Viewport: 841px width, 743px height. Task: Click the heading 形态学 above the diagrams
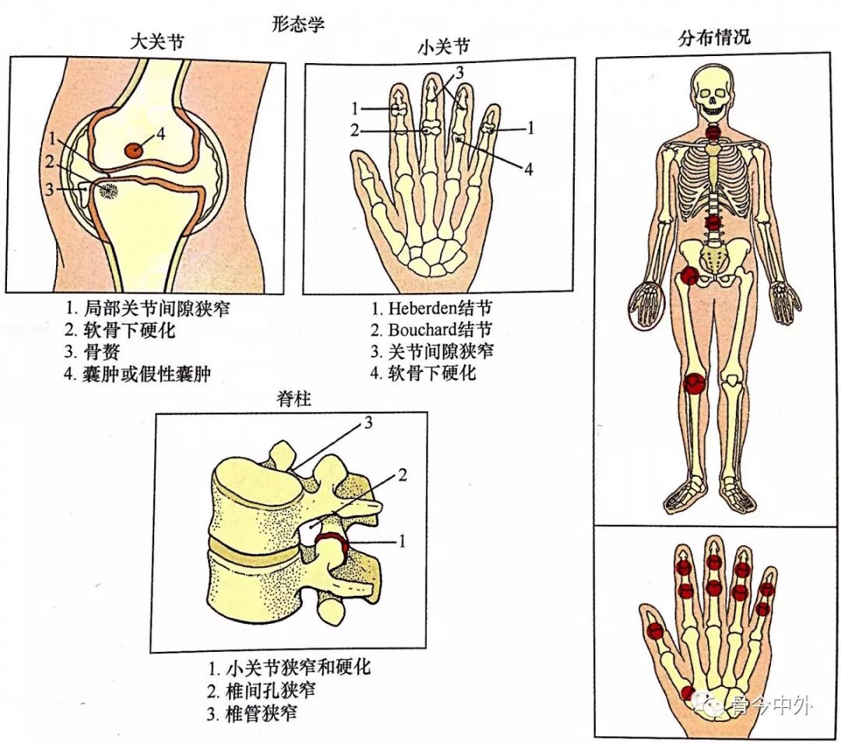pyautogui.click(x=298, y=24)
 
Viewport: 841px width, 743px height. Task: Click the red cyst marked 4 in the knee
pyautogui.click(x=135, y=149)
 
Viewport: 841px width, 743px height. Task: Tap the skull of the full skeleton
pyautogui.click(x=714, y=90)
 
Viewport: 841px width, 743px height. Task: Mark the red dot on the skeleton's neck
pyautogui.click(x=714, y=132)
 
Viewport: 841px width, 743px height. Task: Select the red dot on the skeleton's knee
pyautogui.click(x=694, y=382)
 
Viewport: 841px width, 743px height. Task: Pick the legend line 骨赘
pyautogui.click(x=101, y=351)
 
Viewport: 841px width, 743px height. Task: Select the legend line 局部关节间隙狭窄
pyautogui.click(x=156, y=308)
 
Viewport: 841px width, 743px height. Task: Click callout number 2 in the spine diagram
pyautogui.click(x=403, y=474)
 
